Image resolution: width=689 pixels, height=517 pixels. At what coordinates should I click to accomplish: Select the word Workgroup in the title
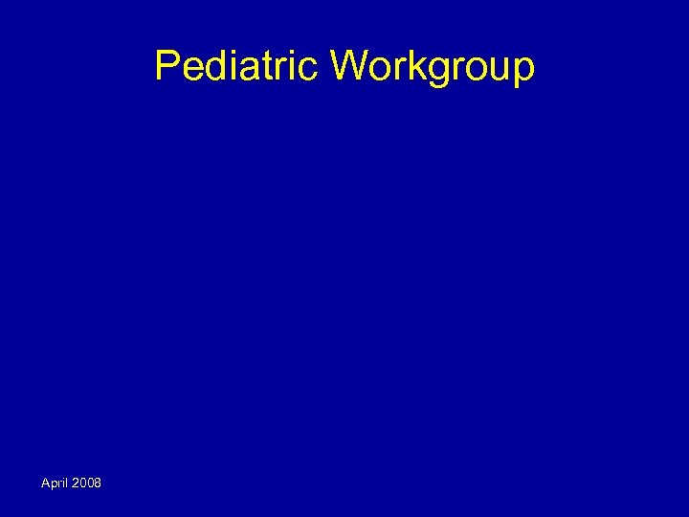tap(433, 67)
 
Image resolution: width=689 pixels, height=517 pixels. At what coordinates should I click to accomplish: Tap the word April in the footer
tap(54, 483)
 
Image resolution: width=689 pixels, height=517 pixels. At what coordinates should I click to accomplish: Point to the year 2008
tap(86, 483)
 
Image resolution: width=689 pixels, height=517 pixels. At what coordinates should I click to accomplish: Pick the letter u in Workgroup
tap(494, 69)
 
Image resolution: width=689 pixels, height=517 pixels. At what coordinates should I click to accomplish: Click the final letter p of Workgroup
tap(521, 71)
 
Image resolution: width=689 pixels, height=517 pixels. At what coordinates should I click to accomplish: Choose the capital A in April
tap(45, 483)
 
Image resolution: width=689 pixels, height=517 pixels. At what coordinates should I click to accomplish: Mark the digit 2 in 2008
tap(75, 483)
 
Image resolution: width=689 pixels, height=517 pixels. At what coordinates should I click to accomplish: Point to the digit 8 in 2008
tap(98, 483)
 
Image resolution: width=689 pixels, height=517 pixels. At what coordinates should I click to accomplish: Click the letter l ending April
tap(65, 483)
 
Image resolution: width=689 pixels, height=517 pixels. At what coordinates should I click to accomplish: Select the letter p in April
tap(54, 483)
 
